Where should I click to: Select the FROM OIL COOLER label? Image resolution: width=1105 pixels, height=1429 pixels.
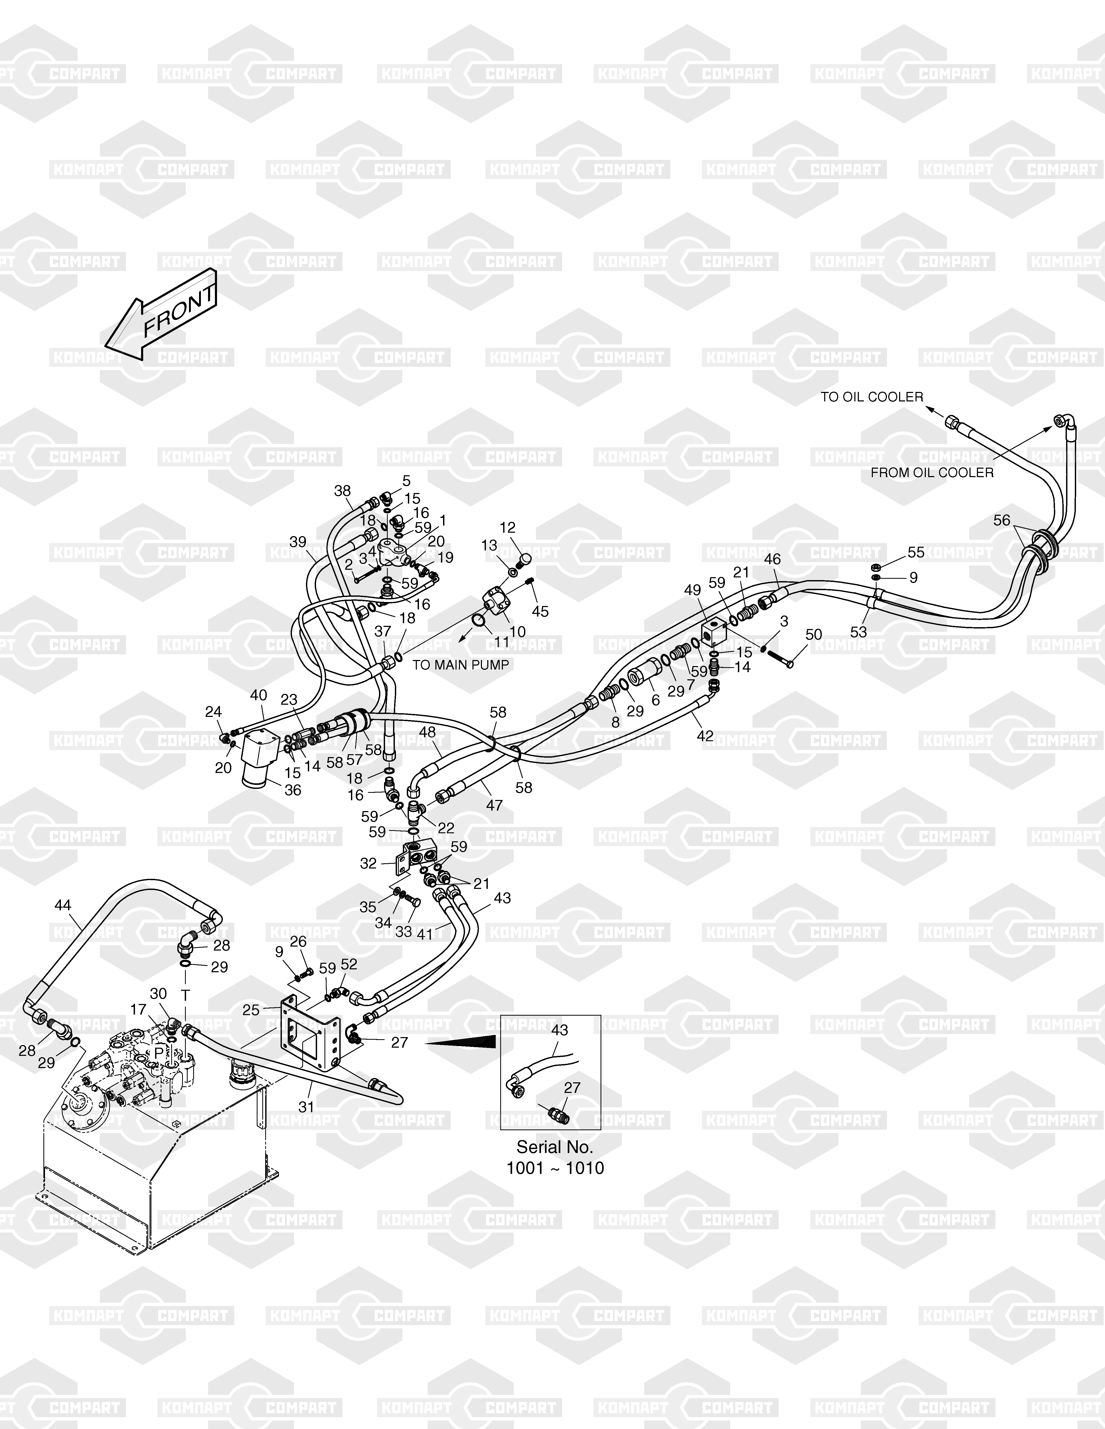[x=932, y=472]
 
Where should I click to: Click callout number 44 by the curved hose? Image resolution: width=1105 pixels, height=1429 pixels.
[x=63, y=906]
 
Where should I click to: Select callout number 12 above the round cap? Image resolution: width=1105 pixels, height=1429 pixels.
[x=508, y=527]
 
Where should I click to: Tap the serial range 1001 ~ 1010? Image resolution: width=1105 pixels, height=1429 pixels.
[x=555, y=1168]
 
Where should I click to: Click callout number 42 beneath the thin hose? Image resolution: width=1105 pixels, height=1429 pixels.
[x=705, y=735]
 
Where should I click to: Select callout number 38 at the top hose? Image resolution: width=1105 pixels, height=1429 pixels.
[x=342, y=491]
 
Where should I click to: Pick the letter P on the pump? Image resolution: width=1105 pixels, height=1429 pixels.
[x=159, y=1051]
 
